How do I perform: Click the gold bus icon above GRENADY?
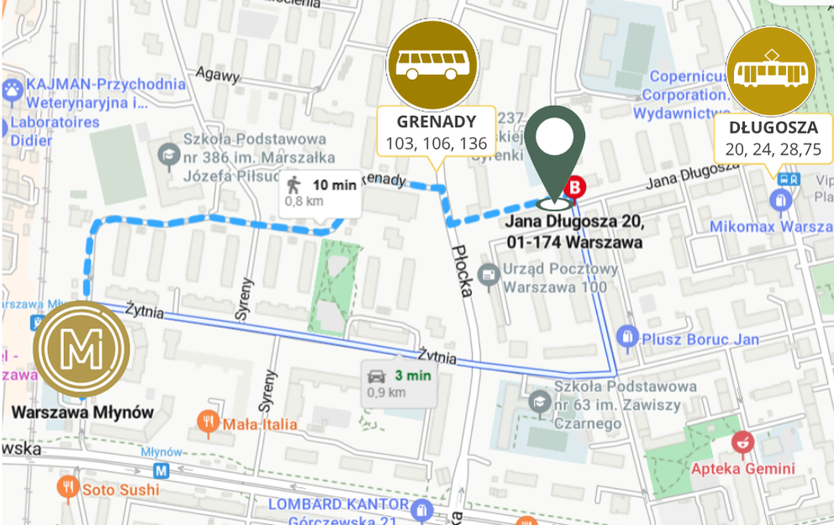pyautogui.click(x=432, y=66)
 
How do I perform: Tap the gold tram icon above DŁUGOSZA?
pyautogui.click(x=771, y=71)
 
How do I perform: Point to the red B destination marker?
pyautogui.click(x=576, y=187)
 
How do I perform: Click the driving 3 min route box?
pyautogui.click(x=399, y=384)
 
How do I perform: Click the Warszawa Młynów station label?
pyautogui.click(x=82, y=412)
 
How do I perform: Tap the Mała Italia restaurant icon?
pyautogui.click(x=208, y=423)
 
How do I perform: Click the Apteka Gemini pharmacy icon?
pyautogui.click(x=742, y=440)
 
